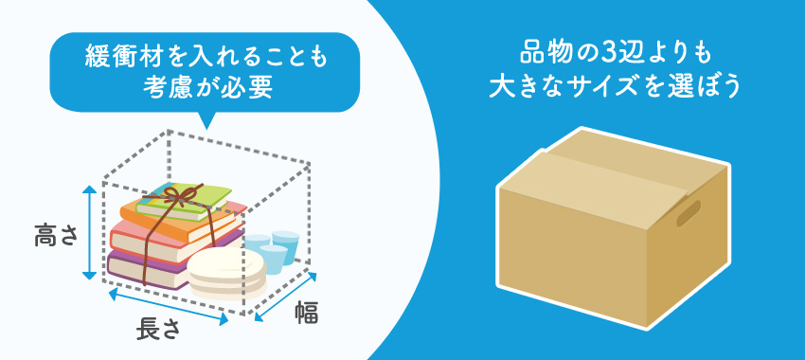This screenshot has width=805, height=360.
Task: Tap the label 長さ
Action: click(158, 330)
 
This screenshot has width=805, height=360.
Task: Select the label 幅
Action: click(305, 311)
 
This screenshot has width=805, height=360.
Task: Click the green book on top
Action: click(185, 197)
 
